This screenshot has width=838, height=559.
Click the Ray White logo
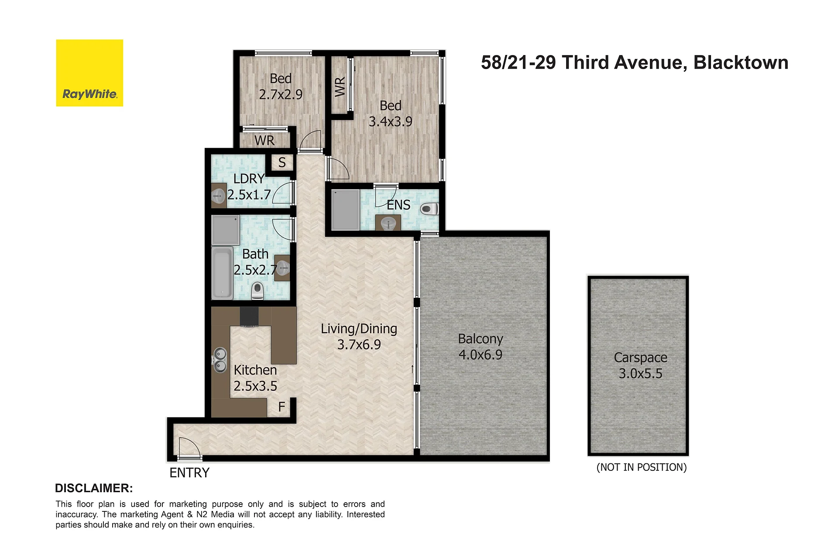pyautogui.click(x=89, y=73)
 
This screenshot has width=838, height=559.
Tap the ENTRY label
pyautogui.click(x=189, y=473)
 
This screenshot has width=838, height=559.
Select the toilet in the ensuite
pyautogui.click(x=429, y=209)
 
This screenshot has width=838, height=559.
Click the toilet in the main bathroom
pyautogui.click(x=258, y=291)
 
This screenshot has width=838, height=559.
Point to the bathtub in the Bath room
pyautogui.click(x=222, y=273)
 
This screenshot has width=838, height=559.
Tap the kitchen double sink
pyautogui.click(x=220, y=359)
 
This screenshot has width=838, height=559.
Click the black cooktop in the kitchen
pyautogui.click(x=249, y=317)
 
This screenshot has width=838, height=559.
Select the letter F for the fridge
pyautogui.click(x=282, y=407)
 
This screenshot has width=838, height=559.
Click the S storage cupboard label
pyautogui.click(x=282, y=162)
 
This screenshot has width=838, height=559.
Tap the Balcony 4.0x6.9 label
pyautogui.click(x=481, y=347)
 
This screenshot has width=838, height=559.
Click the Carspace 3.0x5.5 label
pyautogui.click(x=641, y=366)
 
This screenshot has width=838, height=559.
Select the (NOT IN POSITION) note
pyautogui.click(x=642, y=467)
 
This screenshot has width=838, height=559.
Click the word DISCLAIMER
pyautogui.click(x=94, y=488)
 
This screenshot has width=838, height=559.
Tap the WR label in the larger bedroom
pyautogui.click(x=340, y=86)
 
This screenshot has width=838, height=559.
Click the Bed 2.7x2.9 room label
pyautogui.click(x=281, y=86)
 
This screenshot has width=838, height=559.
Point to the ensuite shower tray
pyautogui.click(x=345, y=210)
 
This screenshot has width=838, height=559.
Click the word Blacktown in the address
pyautogui.click(x=741, y=62)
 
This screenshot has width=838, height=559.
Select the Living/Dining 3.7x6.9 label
pyautogui.click(x=359, y=337)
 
